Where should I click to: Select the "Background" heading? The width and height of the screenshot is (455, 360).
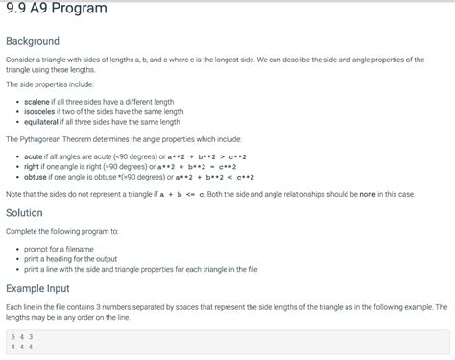pyautogui.click(x=33, y=41)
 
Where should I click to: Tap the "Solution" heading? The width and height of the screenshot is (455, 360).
pyautogui.click(x=24, y=213)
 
